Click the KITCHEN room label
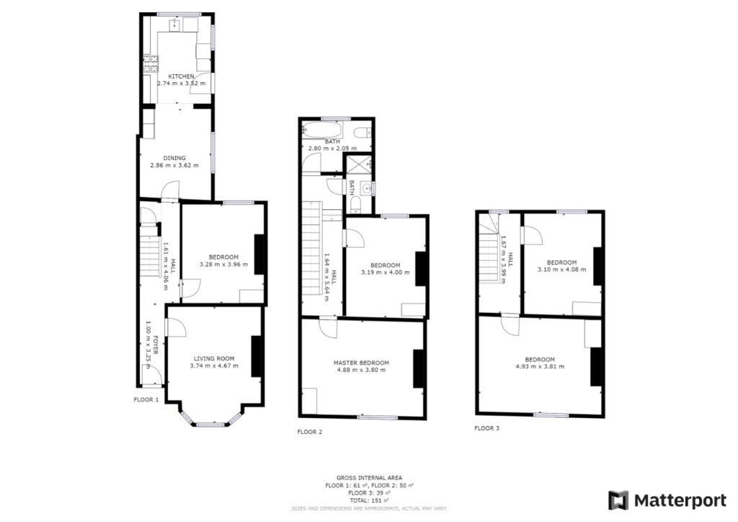tap(181, 76)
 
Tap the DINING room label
tap(174, 158)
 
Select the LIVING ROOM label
tap(214, 358)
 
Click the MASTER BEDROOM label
tap(361, 363)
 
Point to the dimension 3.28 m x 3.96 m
tap(223, 265)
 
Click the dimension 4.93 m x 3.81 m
tap(540, 367)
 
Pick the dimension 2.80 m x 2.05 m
tap(332, 149)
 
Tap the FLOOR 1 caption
tap(146, 399)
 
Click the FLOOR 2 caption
tap(310, 433)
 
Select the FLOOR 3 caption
tap(486, 428)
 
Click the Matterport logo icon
tap(618, 500)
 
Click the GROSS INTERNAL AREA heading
tap(368, 479)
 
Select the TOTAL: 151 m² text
tap(368, 500)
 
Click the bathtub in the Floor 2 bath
tap(321, 130)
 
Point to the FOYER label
tap(155, 344)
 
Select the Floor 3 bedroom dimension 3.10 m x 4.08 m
tap(561, 270)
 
